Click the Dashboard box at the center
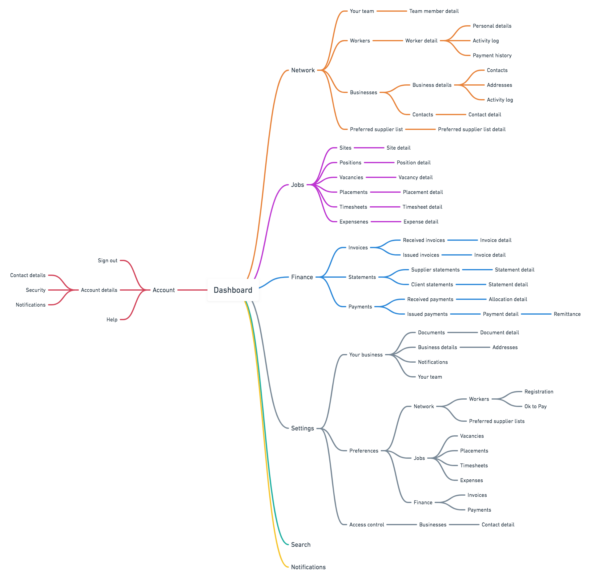click(x=233, y=290)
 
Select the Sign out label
click(x=107, y=260)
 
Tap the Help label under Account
click(x=112, y=320)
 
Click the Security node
click(x=36, y=290)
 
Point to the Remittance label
click(x=567, y=314)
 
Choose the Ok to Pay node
click(x=535, y=406)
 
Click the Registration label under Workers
click(x=539, y=392)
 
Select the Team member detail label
click(x=434, y=11)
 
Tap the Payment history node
click(x=492, y=55)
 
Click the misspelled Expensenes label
click(x=354, y=222)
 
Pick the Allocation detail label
click(x=508, y=299)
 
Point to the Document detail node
click(x=499, y=332)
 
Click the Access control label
click(x=367, y=525)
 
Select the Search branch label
click(x=301, y=545)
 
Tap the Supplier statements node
click(x=435, y=270)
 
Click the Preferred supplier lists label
click(x=497, y=421)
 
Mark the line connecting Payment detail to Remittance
click(x=536, y=314)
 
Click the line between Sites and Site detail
click(x=369, y=148)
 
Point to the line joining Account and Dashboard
click(x=192, y=290)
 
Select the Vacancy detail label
click(x=415, y=177)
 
